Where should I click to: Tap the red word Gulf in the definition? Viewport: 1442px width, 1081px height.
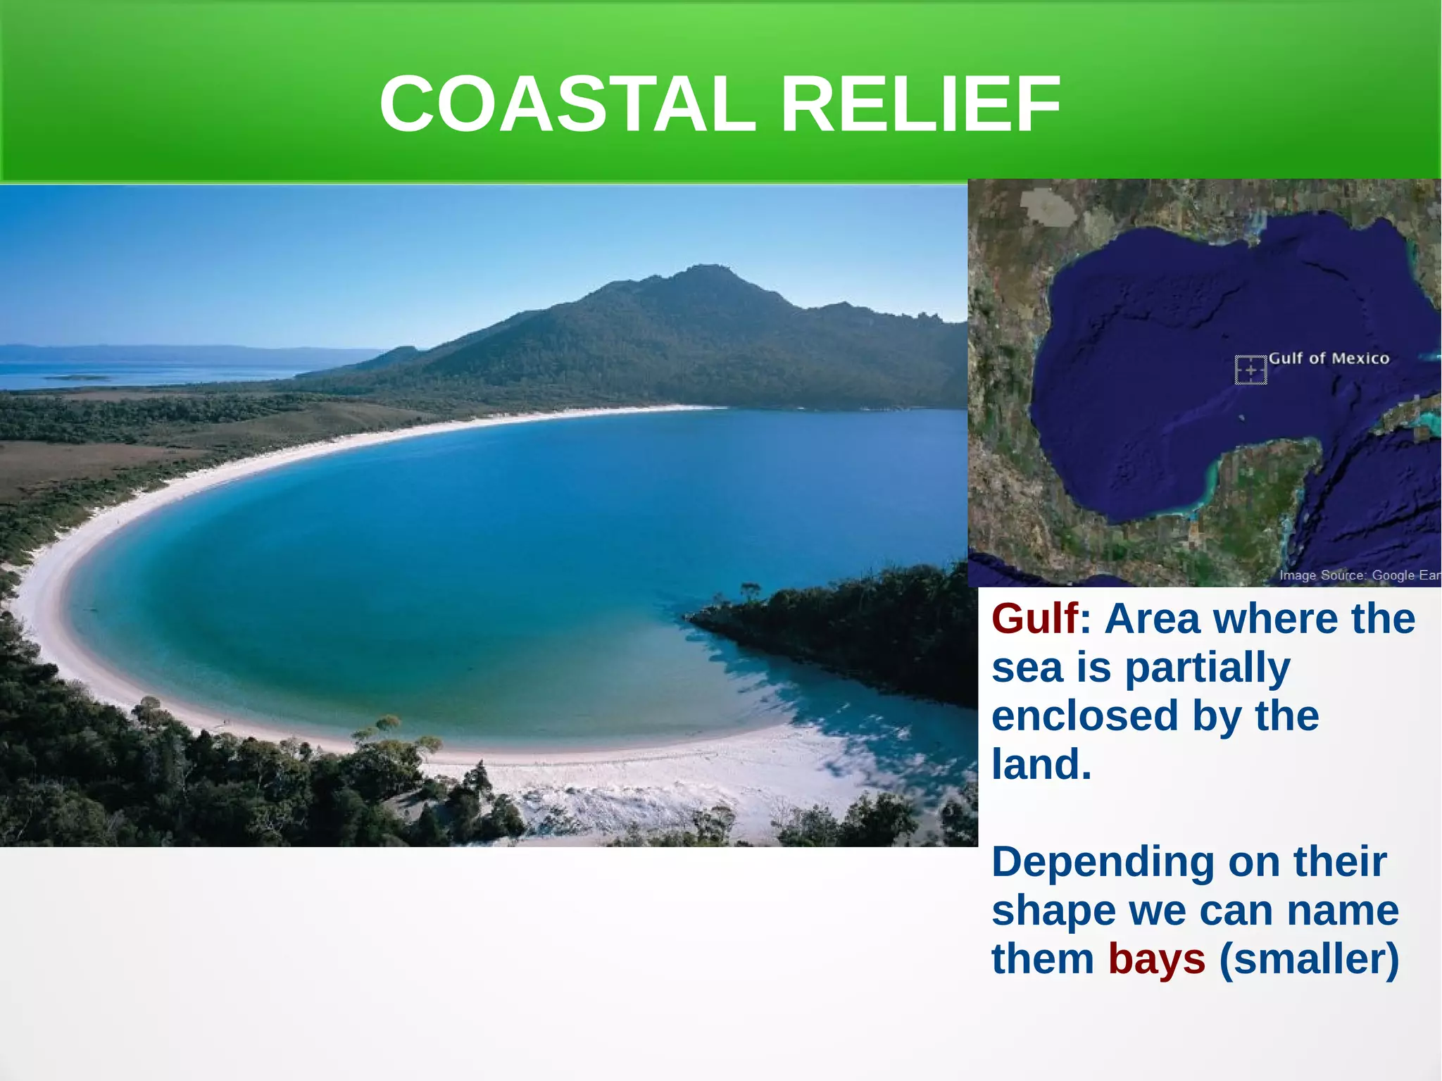1034,619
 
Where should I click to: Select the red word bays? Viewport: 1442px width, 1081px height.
1156,959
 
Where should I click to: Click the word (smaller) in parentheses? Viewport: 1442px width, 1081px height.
1309,959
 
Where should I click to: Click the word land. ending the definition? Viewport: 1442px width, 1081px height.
1041,764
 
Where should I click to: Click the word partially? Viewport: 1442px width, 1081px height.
1208,668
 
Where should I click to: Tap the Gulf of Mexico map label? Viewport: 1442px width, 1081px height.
1329,358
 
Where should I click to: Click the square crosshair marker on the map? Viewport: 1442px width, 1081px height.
1250,370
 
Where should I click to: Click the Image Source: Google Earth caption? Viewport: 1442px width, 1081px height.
1359,575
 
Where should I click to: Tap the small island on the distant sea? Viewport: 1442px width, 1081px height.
77,378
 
